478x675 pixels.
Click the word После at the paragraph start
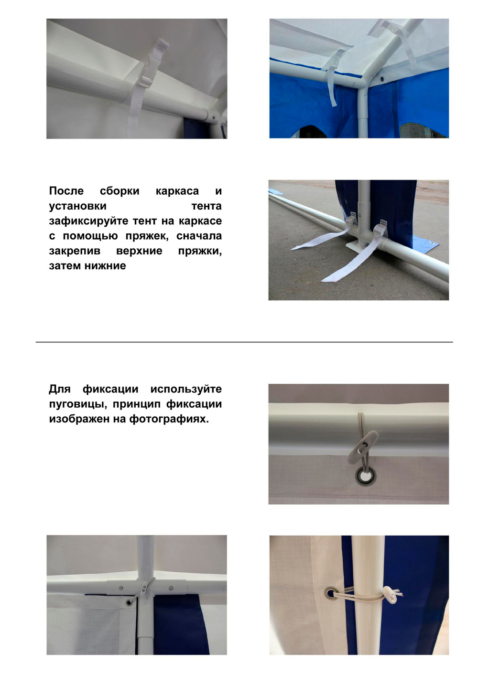click(x=66, y=191)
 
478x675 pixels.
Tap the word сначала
click(x=199, y=236)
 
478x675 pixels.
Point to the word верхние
click(x=139, y=251)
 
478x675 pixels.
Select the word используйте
click(x=186, y=389)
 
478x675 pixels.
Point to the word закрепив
click(x=75, y=251)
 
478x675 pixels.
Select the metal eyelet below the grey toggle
click(x=366, y=476)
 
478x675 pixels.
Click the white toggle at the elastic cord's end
click(x=393, y=594)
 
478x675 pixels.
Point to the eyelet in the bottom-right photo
click(x=330, y=593)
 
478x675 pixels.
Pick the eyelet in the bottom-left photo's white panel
click(x=129, y=602)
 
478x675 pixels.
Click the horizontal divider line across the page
click(x=244, y=342)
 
